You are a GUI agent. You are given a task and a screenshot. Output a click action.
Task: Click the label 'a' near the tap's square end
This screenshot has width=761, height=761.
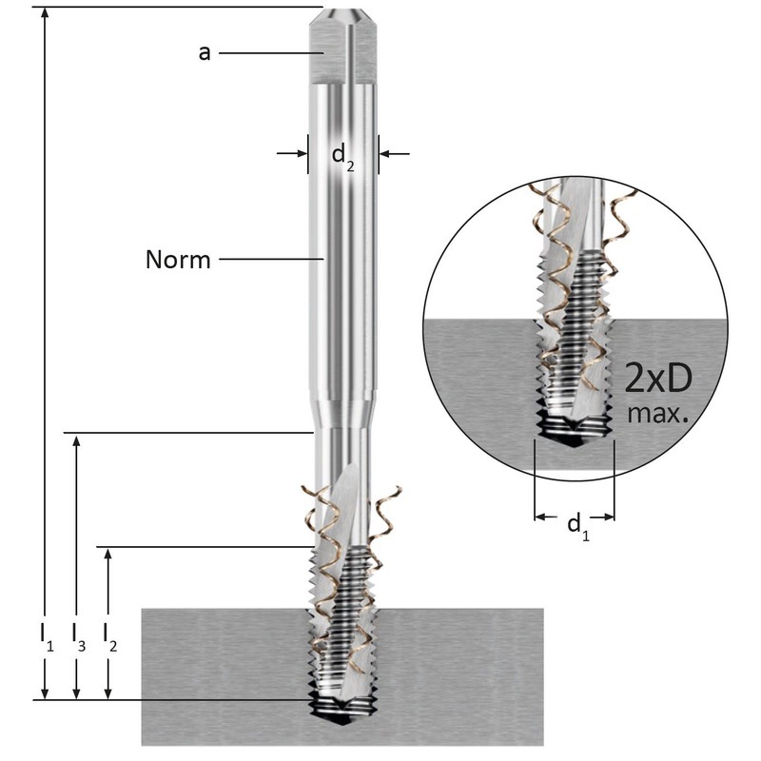(x=204, y=53)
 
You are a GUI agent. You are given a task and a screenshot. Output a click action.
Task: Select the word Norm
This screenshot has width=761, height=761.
(x=178, y=259)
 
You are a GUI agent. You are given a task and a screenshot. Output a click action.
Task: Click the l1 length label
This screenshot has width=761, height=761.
(x=46, y=635)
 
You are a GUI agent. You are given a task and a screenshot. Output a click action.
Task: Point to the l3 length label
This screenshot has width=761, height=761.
(x=79, y=635)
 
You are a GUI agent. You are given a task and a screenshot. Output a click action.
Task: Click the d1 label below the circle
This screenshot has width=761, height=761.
(x=576, y=524)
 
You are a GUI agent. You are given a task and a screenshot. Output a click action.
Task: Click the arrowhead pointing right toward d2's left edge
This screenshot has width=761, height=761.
(x=302, y=152)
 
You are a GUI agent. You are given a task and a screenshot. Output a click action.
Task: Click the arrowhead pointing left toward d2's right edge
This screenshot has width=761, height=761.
(x=386, y=152)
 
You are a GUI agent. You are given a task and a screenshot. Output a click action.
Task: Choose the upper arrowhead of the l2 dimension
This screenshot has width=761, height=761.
(x=110, y=554)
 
